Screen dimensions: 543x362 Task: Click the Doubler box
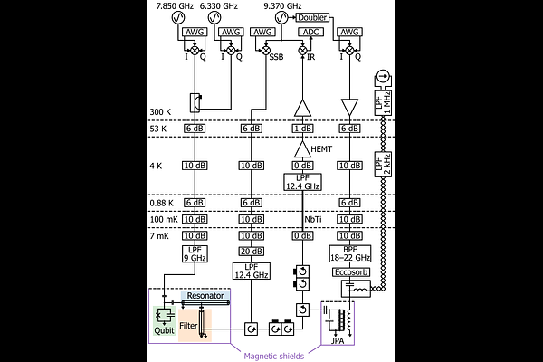point(312,17)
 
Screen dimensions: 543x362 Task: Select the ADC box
point(310,32)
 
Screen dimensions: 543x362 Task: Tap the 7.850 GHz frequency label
point(175,6)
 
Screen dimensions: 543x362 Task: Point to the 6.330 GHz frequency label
point(219,6)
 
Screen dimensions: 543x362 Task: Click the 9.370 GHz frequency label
point(282,6)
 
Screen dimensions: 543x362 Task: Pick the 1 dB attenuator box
point(302,129)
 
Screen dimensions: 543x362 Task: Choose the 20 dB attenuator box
point(251,252)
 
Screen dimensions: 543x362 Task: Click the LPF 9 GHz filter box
point(195,254)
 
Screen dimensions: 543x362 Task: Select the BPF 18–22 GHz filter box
point(349,254)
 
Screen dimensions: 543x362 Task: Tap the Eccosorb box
point(351,272)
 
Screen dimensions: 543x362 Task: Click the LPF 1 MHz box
point(383,103)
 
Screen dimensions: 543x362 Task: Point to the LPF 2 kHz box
point(383,164)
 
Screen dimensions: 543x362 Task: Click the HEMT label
point(321,149)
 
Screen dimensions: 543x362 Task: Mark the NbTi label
point(313,219)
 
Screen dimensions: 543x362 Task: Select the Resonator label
point(205,296)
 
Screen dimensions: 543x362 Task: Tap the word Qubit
point(164,330)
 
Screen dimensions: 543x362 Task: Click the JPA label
point(338,341)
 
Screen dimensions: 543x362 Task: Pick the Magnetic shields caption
point(274,356)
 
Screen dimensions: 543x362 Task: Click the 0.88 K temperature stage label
point(161,203)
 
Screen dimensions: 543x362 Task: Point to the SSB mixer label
point(276,57)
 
